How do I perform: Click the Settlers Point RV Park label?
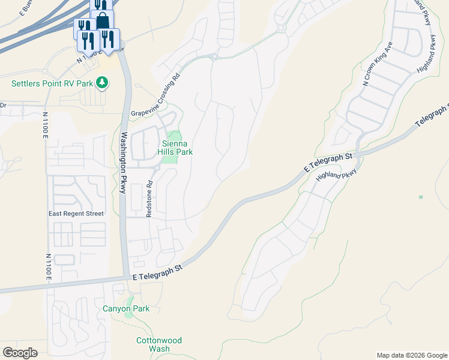point(52,83)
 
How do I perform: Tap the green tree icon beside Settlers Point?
point(103,82)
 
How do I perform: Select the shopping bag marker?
point(103,20)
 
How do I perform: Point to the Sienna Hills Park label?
point(175,148)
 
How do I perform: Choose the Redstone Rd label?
point(150,198)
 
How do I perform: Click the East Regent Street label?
point(76,214)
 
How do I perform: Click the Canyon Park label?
point(126,308)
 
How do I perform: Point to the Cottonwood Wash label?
point(158,344)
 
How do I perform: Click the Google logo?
point(20,353)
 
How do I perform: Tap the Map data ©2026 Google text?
point(412,355)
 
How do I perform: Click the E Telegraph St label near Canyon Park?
point(157,273)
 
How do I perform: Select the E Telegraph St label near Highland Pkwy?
point(328,163)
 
